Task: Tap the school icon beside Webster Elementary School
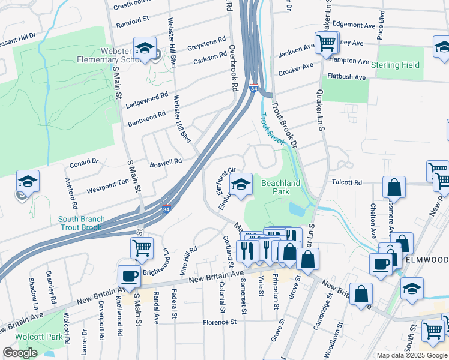[145, 49]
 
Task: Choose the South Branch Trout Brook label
[82, 223]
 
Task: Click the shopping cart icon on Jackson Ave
[326, 43]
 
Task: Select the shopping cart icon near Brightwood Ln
[142, 247]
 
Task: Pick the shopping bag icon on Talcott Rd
[393, 188]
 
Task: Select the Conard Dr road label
[83, 162]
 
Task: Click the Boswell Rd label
[166, 162]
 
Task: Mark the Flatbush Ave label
[346, 77]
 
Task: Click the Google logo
[20, 353]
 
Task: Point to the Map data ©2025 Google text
[411, 355]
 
